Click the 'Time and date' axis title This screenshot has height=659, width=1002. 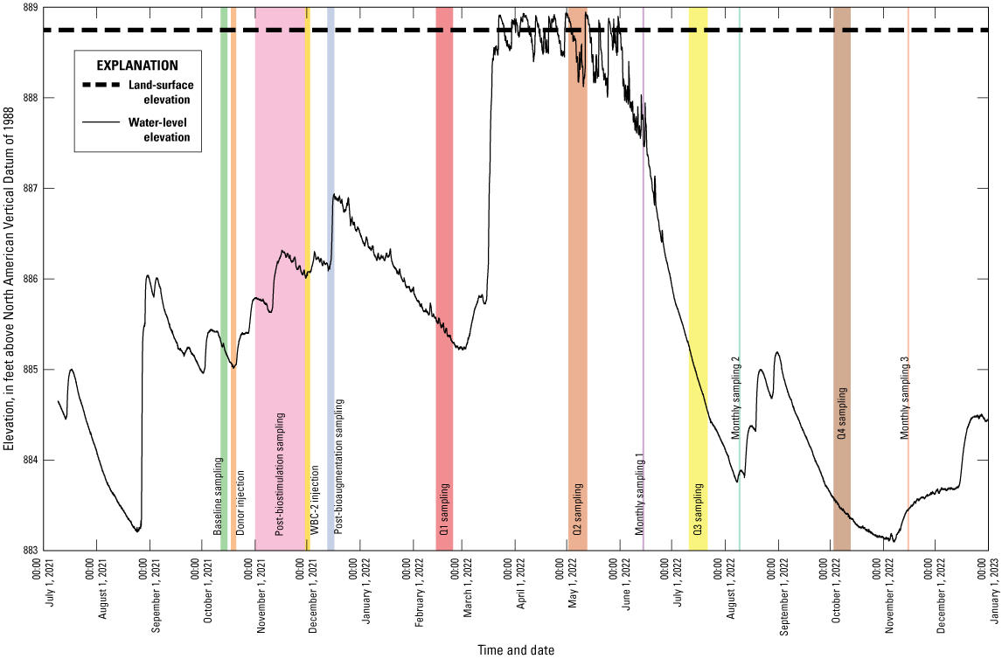(x=516, y=649)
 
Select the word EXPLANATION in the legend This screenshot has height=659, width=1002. (x=137, y=66)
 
